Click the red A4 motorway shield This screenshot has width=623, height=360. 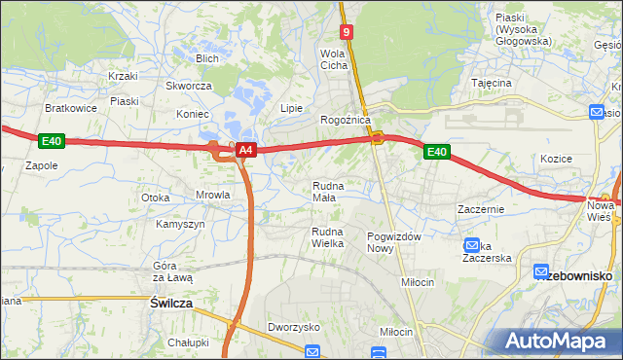click(x=246, y=150)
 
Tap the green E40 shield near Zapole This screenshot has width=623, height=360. click(x=52, y=142)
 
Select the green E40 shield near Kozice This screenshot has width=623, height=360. click(x=436, y=151)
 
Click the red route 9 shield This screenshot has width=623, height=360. click(x=348, y=32)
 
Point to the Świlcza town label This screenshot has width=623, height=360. click(x=171, y=304)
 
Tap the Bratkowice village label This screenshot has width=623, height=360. click(x=71, y=108)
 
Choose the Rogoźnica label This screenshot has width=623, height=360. click(x=346, y=120)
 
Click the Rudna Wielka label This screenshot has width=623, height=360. click(x=328, y=237)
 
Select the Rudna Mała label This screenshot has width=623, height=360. click(x=325, y=191)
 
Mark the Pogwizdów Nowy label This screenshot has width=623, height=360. click(x=394, y=242)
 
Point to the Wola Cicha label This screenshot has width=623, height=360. click(x=335, y=59)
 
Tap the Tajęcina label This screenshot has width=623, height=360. click(x=492, y=84)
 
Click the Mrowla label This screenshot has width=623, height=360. click(x=212, y=195)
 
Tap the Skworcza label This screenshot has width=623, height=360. click(x=189, y=86)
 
